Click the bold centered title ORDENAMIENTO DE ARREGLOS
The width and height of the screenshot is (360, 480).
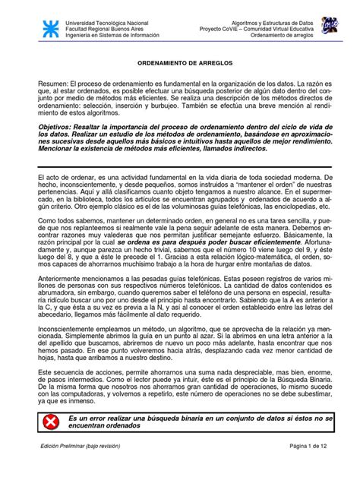coord(179,66)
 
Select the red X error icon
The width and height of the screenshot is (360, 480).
coord(51,422)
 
